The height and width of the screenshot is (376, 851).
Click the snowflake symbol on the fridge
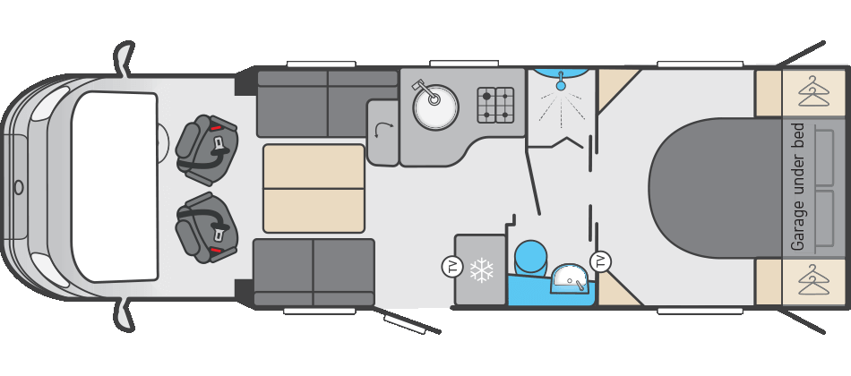pos(481,270)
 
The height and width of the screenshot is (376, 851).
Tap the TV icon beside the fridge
pos(451,267)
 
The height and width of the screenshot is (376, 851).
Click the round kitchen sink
pos(436,107)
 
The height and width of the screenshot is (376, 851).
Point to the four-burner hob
pos(495,105)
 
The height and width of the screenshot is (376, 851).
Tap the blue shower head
pos(561,85)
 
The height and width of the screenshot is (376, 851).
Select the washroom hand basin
pos(570,278)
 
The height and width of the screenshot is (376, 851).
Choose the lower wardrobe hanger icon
pos(813,279)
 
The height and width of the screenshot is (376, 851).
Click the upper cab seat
pos(207,150)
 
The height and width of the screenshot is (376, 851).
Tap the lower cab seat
pos(207,227)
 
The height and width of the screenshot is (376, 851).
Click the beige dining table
pos(314,188)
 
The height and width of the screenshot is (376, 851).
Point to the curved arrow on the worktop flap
pos(384,129)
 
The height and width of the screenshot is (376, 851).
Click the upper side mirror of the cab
pos(125,57)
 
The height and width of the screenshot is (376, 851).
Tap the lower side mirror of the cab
pos(125,316)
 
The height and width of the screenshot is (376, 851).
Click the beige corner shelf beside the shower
pos(615,86)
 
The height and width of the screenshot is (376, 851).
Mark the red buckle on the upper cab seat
pos(216,128)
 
